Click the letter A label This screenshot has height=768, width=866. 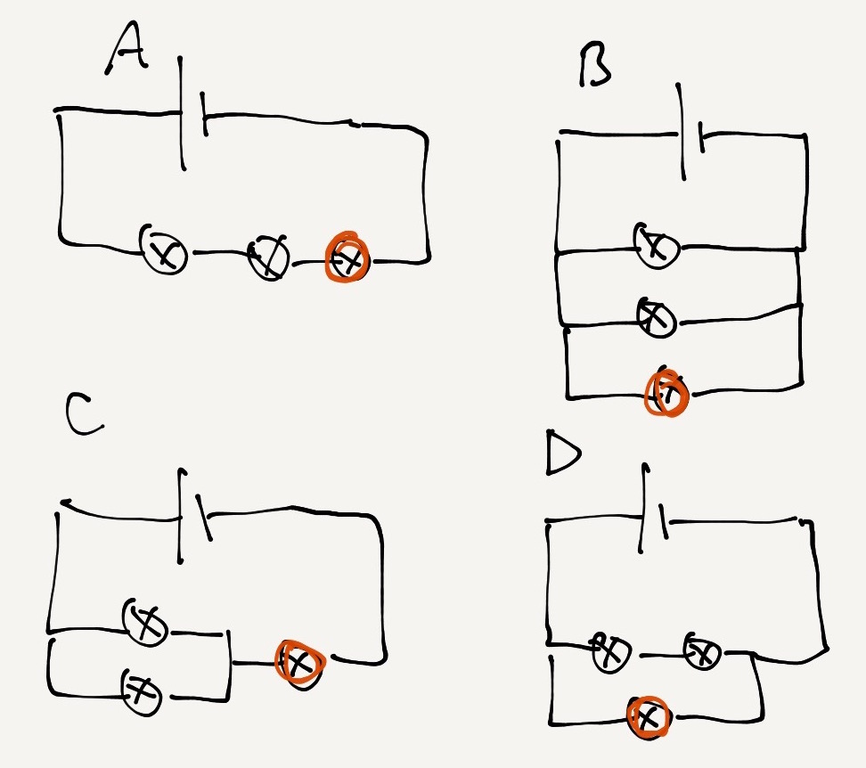[x=127, y=52]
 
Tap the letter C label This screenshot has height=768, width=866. [x=85, y=417]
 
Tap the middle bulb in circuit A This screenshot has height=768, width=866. [x=268, y=256]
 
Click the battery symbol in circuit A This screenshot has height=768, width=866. [x=192, y=114]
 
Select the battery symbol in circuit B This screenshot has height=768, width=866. [x=691, y=134]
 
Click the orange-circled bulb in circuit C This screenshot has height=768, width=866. [x=298, y=663]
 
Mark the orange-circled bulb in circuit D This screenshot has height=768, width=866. [x=649, y=717]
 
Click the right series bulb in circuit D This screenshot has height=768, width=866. [x=702, y=650]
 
